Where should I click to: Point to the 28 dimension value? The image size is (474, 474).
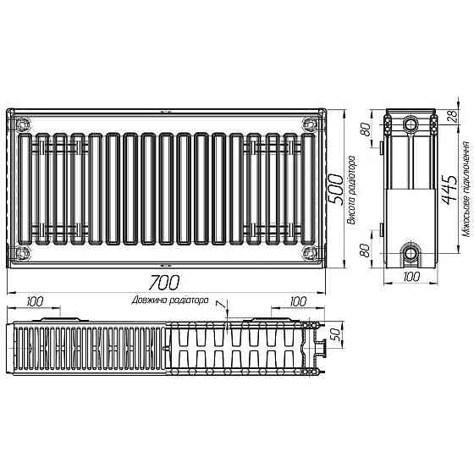tap(452, 118)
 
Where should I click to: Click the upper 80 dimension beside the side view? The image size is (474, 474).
tap(367, 131)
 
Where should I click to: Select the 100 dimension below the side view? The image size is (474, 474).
tap(411, 277)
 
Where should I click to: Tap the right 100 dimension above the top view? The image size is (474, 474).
tap(298, 300)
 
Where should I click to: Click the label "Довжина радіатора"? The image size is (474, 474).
tap(169, 300)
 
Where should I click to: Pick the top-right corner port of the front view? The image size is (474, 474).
tap(308, 124)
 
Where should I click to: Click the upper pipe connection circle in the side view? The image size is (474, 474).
tap(411, 124)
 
